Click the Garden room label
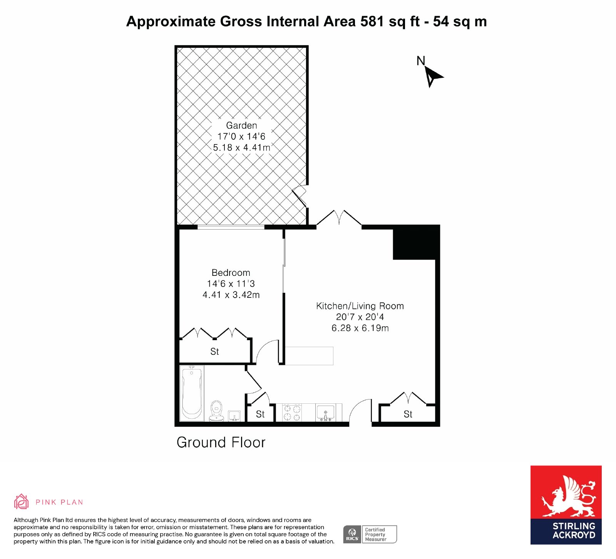[x=241, y=126]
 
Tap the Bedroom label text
[x=231, y=273]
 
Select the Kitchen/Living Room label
[x=360, y=306]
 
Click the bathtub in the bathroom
[x=192, y=393]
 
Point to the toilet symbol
[x=217, y=411]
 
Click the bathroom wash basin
[x=234, y=416]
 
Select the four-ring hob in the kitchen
[x=292, y=413]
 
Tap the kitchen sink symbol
[x=326, y=413]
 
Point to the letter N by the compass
[x=421, y=61]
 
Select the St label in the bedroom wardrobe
[x=214, y=351]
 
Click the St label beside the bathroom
[x=260, y=414]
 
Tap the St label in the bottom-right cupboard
[x=408, y=414]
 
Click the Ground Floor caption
[x=221, y=443]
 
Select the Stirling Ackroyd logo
[x=566, y=505]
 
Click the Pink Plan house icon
[x=22, y=502]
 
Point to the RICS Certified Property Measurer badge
[x=370, y=534]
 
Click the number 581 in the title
[x=372, y=22]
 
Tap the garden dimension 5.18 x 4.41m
[x=242, y=148]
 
